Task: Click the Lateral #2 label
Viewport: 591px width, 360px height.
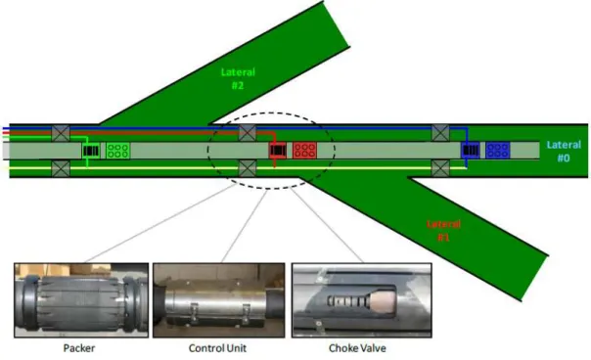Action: click(238, 78)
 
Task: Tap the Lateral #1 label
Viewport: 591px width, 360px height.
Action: click(443, 230)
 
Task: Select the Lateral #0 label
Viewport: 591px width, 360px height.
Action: click(564, 152)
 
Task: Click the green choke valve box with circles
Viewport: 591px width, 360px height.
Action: click(118, 151)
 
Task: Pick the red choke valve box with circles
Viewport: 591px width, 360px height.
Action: click(304, 150)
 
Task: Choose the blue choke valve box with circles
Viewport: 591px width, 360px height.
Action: click(497, 150)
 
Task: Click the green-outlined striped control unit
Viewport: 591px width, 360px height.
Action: click(91, 151)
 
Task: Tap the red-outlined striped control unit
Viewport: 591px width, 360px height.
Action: click(278, 151)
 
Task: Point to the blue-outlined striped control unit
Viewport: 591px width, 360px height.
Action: click(471, 151)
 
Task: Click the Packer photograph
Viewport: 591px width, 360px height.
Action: click(81, 300)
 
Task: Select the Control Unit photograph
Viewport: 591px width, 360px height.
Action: click(218, 300)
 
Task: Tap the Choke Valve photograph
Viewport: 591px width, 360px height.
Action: click(362, 300)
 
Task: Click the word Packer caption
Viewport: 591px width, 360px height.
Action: click(79, 348)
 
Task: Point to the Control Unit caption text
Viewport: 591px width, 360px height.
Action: click(217, 348)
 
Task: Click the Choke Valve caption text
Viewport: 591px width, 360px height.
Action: click(357, 348)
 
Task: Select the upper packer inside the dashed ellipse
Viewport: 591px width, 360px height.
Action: click(248, 133)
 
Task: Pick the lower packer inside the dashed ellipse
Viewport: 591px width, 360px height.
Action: click(248, 168)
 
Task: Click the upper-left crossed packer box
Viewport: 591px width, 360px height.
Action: click(61, 133)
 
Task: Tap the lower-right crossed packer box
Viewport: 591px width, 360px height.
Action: click(440, 168)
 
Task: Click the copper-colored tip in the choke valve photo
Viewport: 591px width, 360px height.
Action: click(383, 301)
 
